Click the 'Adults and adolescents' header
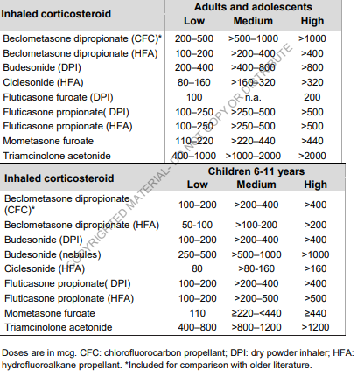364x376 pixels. click(x=253, y=7)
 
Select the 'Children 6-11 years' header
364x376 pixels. click(x=256, y=171)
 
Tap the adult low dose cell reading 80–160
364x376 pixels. click(x=194, y=82)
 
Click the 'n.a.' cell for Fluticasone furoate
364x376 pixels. click(x=253, y=97)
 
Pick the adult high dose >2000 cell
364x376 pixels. click(x=311, y=156)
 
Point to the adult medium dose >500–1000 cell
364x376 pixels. click(x=253, y=38)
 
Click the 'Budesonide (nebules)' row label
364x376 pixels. click(x=52, y=254)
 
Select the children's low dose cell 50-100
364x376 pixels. click(x=197, y=225)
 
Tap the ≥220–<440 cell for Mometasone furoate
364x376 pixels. click(x=256, y=313)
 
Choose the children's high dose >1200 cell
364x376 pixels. click(x=315, y=327)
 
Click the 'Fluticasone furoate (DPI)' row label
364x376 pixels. click(x=58, y=97)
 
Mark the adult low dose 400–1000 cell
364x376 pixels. click(x=194, y=156)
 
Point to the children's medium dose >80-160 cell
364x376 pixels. click(x=256, y=268)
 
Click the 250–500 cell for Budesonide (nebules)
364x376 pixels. click(x=197, y=254)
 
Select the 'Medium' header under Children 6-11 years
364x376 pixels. click(x=256, y=185)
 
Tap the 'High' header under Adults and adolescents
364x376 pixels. click(x=312, y=21)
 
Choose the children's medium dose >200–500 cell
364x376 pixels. click(x=256, y=298)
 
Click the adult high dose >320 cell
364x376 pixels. click(x=312, y=82)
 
